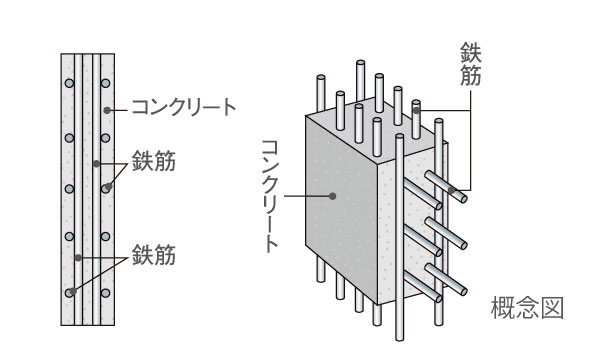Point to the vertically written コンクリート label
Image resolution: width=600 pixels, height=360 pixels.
[x=270, y=195]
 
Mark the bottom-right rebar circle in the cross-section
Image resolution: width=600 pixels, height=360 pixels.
[x=105, y=292]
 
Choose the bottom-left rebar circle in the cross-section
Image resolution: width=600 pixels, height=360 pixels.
[x=69, y=292]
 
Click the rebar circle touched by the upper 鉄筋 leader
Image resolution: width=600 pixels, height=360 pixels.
[x=105, y=187]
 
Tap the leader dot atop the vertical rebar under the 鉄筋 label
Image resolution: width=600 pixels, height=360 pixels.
[x=416, y=103]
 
